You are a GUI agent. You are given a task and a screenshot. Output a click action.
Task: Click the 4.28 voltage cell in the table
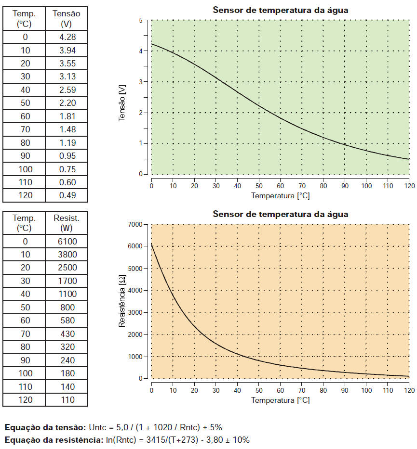pos(67,37)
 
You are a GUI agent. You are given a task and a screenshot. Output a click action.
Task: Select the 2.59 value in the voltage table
pos(67,90)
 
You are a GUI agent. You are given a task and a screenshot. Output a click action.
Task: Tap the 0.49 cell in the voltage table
pos(67,195)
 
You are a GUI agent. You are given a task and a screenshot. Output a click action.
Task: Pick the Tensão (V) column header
pos(67,18)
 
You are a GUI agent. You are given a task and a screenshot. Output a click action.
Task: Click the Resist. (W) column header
pos(67,222)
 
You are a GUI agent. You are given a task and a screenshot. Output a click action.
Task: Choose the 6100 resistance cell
pos(67,241)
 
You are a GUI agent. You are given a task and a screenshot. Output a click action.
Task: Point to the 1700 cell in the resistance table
pos(67,281)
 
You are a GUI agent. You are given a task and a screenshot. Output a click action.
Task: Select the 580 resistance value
pos(67,321)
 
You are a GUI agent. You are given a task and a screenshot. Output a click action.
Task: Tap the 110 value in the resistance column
pos(67,399)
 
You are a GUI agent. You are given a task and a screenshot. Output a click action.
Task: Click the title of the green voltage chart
pos(280,10)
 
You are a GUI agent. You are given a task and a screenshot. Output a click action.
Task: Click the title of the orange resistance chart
pos(280,214)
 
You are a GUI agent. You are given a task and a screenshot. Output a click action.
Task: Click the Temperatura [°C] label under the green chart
pos(280,196)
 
